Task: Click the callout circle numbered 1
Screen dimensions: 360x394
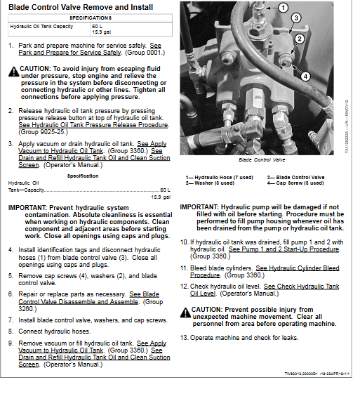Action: [284, 8]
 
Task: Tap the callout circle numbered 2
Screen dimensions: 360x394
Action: [300, 39]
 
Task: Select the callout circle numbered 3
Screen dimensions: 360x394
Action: [296, 18]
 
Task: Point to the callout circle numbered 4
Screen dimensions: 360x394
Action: [305, 77]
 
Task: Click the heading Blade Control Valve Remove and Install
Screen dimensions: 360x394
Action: [81, 7]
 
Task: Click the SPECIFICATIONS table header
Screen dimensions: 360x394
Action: [91, 18]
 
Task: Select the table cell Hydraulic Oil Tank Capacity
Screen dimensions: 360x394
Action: [41, 27]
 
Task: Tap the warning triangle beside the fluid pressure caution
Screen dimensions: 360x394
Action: [14, 72]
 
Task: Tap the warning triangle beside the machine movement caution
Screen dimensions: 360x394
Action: [185, 313]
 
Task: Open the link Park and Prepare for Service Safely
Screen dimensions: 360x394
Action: [90, 49]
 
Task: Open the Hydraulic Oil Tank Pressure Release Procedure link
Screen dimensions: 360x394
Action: [93, 125]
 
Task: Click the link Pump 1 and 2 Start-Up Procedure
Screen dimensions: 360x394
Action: [284, 249]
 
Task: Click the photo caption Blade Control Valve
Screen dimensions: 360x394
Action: [262, 160]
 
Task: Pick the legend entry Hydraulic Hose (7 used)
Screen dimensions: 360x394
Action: [220, 178]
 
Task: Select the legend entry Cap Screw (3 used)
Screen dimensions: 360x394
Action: [295, 183]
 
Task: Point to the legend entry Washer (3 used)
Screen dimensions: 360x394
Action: [210, 183]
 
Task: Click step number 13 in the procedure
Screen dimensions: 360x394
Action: [184, 338]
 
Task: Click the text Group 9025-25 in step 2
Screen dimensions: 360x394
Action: [44, 132]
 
